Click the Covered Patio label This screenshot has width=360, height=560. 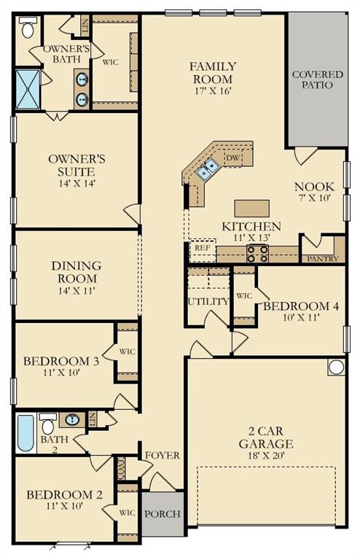pos(313,79)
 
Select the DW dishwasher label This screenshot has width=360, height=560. pos(233,157)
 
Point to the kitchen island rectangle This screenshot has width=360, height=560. pos(251,207)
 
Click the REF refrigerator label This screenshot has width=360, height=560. pos(202,248)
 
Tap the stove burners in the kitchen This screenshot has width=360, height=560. pos(258,253)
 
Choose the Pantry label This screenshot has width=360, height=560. pos(324,259)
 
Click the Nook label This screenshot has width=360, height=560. pos(315,186)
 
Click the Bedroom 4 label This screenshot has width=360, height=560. pos(301,306)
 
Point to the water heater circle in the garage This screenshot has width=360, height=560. pos(336,367)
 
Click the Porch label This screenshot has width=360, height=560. pos(162,513)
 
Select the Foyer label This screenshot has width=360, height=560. pos(162,456)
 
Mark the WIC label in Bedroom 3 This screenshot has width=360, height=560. pos(128,351)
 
